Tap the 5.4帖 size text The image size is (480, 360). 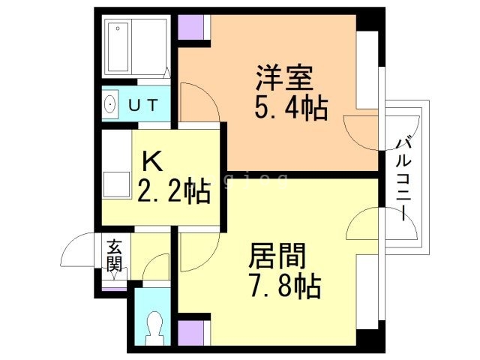click(x=291, y=109)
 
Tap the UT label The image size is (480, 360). click(x=142, y=105)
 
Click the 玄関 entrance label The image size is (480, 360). click(x=114, y=254)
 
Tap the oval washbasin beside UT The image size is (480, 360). click(x=109, y=104)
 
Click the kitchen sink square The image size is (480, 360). click(x=116, y=184)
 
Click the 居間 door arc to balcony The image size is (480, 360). click(x=366, y=224)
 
